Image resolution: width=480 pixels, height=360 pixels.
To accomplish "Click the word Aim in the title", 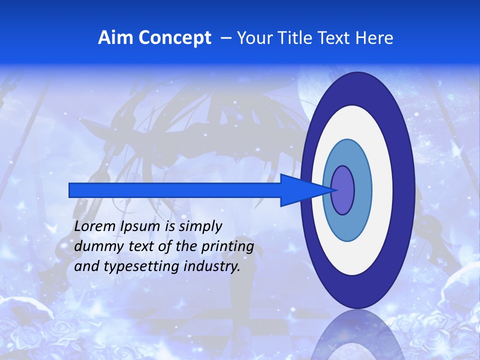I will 116,37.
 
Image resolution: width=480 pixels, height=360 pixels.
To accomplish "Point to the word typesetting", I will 141,266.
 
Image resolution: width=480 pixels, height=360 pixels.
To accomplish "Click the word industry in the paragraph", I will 212,266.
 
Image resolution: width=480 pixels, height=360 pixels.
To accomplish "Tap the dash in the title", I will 226,37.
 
